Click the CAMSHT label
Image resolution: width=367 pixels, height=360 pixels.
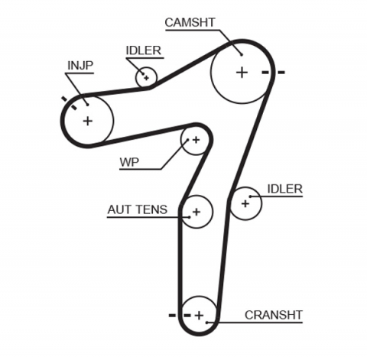190,21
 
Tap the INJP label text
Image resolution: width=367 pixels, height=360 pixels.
80,64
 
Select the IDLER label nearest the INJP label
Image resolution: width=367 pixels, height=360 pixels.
143,51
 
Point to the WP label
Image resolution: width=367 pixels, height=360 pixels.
128,162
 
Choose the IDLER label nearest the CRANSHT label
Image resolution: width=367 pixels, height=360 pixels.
284,189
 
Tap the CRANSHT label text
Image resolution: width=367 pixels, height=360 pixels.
273,315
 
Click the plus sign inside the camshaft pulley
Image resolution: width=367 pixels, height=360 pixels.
242,73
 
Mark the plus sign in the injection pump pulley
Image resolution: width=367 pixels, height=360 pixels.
87,120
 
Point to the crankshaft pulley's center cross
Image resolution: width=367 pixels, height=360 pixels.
199,315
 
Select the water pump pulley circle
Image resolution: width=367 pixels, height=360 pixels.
195,140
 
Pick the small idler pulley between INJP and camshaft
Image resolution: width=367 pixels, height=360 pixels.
145,77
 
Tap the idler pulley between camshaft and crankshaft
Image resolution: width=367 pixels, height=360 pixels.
245,203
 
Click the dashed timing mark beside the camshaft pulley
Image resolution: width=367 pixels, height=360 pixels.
273,73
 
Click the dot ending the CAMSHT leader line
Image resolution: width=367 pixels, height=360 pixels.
240,54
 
